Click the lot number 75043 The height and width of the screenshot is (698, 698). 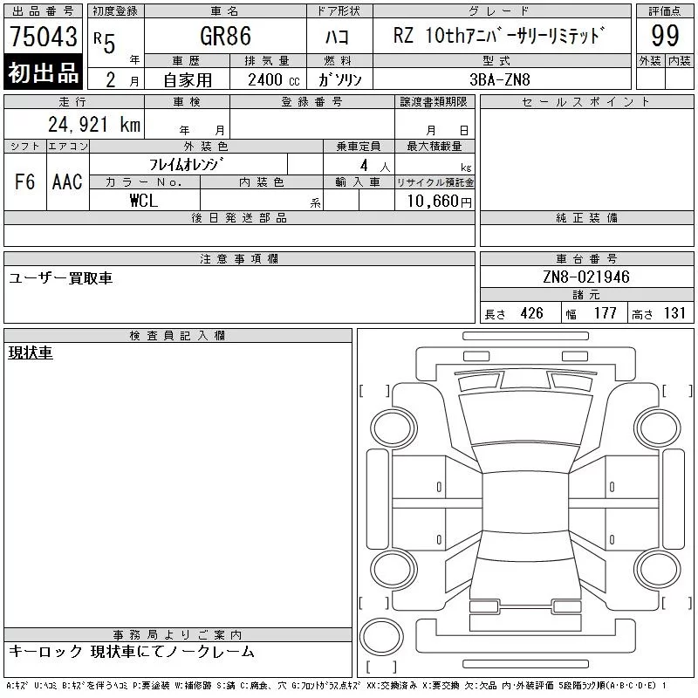click(x=44, y=37)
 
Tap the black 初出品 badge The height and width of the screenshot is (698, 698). click(x=43, y=72)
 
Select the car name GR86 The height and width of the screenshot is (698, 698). click(x=226, y=36)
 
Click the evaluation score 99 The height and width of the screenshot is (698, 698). click(x=665, y=36)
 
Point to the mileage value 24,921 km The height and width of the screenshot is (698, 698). click(x=94, y=125)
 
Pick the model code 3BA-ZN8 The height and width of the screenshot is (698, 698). click(x=500, y=79)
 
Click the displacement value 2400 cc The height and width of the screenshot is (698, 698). click(x=274, y=80)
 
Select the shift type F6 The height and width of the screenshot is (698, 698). click(x=25, y=181)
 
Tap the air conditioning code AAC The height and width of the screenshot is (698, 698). click(x=67, y=181)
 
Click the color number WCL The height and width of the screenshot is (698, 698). click(x=144, y=201)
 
